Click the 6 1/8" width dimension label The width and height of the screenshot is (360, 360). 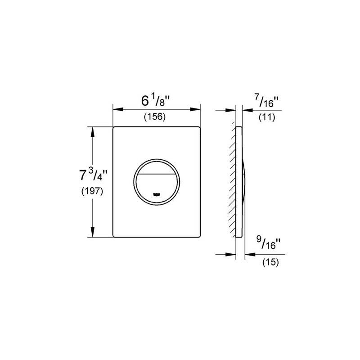(156, 101)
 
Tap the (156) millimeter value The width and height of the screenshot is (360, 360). (155, 117)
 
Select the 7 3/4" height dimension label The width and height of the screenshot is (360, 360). (93, 175)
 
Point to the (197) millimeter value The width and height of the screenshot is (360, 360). (92, 191)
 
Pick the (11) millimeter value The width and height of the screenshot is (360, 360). (267, 117)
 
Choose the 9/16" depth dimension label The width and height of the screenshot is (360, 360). (268, 243)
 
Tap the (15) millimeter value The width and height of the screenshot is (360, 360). (270, 262)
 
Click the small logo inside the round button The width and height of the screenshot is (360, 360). (156, 194)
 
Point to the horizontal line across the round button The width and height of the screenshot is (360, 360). (156, 174)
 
